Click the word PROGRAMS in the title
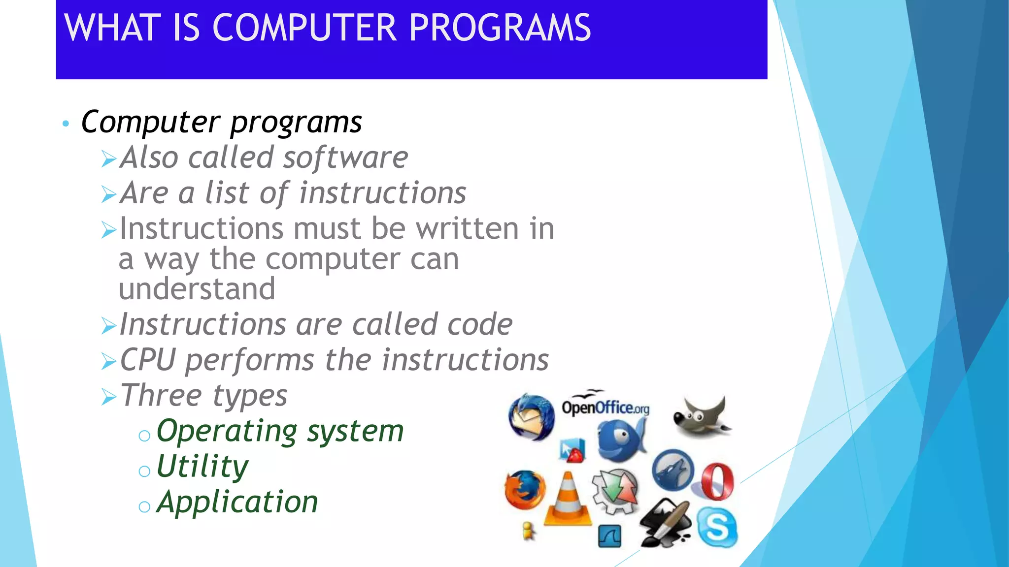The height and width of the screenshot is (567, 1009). point(500,28)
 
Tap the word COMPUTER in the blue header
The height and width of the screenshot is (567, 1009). point(304,28)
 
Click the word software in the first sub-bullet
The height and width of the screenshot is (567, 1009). point(345,157)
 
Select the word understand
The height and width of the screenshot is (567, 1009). point(197,288)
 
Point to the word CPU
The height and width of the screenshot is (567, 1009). point(147,360)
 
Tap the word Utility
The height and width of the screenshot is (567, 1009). point(202,466)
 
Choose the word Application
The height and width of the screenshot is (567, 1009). point(237,502)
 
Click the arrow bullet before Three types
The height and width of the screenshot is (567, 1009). point(108,397)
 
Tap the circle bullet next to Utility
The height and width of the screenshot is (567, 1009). point(144,472)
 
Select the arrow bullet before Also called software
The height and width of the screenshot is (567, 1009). point(108,159)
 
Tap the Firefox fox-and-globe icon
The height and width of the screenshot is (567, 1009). point(525,490)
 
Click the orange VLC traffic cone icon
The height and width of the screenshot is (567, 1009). point(568,500)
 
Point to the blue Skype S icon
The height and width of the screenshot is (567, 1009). point(717,528)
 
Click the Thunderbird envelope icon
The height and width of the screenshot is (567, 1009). point(531,417)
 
